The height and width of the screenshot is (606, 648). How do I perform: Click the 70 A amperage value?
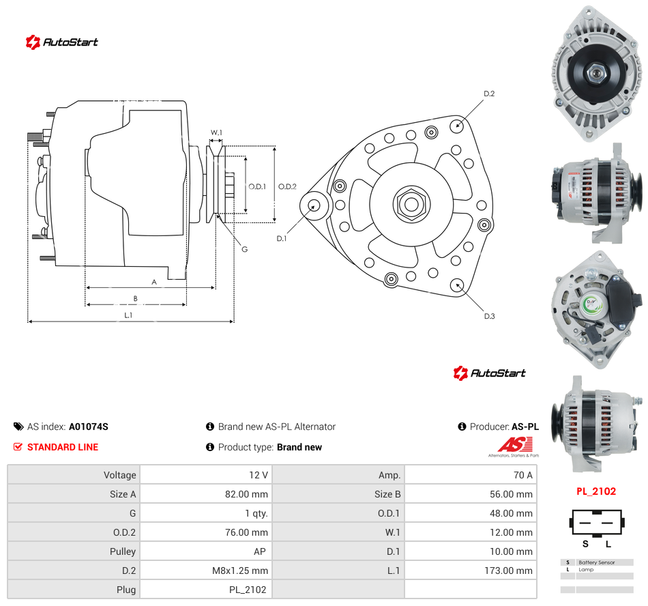pos(522,475)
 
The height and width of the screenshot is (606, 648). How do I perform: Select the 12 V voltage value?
pos(259,475)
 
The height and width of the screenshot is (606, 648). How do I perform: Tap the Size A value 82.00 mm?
pos(246,494)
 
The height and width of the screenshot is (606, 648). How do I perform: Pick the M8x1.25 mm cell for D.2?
pos(240,571)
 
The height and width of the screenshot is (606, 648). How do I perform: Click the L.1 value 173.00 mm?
pos(508,571)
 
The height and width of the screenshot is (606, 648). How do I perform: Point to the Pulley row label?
pos(123,551)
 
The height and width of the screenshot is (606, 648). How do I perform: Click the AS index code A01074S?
pos(89,427)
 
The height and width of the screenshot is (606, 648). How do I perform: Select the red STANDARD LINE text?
pos(63,447)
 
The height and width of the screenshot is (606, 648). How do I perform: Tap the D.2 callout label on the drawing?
pos(489,94)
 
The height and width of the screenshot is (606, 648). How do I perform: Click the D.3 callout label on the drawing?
pos(489,316)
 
